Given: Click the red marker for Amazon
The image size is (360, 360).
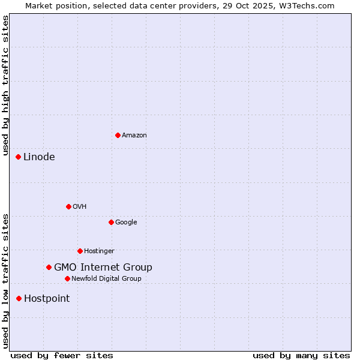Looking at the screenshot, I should [x=118, y=135].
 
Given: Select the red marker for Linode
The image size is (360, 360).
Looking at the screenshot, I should [x=18, y=157].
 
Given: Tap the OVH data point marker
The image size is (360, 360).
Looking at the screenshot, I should [x=68, y=206].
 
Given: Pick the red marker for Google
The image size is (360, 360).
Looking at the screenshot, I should [x=111, y=222].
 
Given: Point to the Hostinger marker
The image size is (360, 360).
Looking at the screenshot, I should [x=80, y=251].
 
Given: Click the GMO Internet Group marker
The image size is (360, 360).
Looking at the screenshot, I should [x=49, y=267].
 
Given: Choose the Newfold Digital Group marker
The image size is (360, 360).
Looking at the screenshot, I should [x=67, y=278].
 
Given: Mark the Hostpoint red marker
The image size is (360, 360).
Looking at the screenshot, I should [x=19, y=298].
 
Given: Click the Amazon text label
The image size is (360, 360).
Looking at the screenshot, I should [x=134, y=136].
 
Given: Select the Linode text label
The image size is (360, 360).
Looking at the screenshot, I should [x=39, y=157].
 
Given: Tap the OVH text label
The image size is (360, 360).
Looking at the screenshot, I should [x=80, y=207].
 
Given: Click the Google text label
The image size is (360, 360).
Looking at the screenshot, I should [x=126, y=223].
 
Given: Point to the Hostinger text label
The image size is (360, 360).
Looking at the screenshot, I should [x=99, y=251].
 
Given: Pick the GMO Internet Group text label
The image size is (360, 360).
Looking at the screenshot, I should [x=103, y=268].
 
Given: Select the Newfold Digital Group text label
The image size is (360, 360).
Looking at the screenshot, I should [x=106, y=279].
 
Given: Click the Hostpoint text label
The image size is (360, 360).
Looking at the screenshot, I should [x=47, y=299].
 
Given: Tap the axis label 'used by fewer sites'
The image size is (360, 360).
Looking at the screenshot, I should [x=62, y=355].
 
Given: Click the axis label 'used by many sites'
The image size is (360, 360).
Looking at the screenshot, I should [x=301, y=355].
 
